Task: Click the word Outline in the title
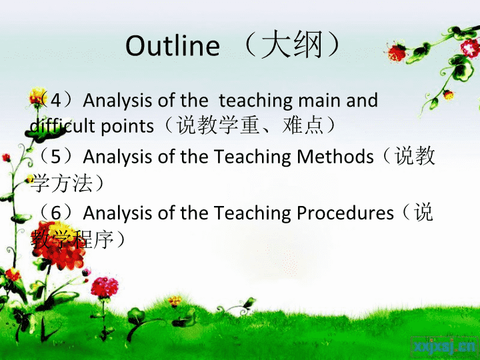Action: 173,45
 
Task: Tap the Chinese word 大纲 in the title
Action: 292,45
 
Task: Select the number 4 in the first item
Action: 55,100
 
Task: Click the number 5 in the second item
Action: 55,157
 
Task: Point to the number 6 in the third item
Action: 56,213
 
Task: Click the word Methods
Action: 335,156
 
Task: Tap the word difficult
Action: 62,126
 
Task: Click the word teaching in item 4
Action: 256,101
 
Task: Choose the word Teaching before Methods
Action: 252,157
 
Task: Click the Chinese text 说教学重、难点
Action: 250,126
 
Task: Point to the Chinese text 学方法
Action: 61,183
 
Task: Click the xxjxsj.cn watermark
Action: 444,347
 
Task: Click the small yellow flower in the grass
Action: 175,300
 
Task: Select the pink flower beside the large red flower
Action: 105,287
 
